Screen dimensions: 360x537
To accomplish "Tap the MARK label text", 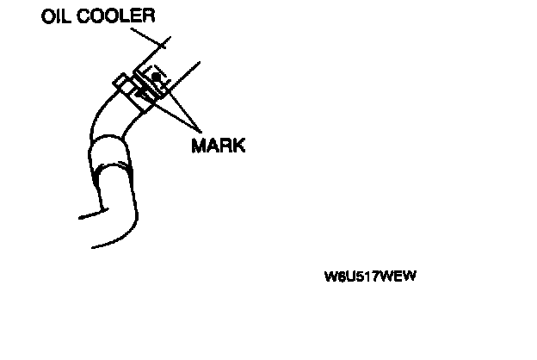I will (218, 146).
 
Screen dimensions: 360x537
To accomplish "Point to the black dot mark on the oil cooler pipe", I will (155, 77).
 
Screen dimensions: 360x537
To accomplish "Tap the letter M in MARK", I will (199, 146).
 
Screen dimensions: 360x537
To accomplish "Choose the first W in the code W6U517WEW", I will (330, 276).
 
